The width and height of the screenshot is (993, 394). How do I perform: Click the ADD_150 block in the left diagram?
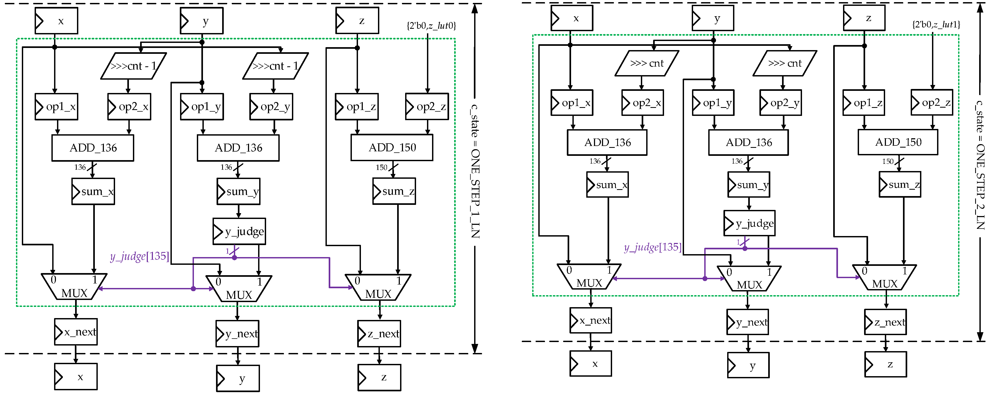coord(392,148)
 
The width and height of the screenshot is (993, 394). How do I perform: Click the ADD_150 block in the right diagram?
coord(898,142)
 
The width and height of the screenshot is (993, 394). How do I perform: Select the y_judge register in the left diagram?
coord(239,231)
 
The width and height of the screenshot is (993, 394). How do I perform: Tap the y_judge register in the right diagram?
coord(749,223)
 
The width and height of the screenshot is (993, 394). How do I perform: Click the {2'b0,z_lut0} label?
coord(431,26)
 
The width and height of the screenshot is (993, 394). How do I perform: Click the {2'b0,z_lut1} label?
coord(936,24)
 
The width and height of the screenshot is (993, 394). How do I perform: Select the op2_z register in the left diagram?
coord(427,106)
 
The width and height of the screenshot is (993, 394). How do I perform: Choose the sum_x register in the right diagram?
coord(608,185)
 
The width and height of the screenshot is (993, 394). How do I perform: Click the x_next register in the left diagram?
coord(76,332)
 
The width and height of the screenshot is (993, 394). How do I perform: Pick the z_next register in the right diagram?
coord(885,322)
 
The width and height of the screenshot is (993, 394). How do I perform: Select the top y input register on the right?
coord(713,18)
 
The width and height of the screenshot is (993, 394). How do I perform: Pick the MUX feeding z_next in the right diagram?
coord(884,278)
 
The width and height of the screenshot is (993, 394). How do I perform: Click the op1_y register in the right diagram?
coord(713,103)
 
